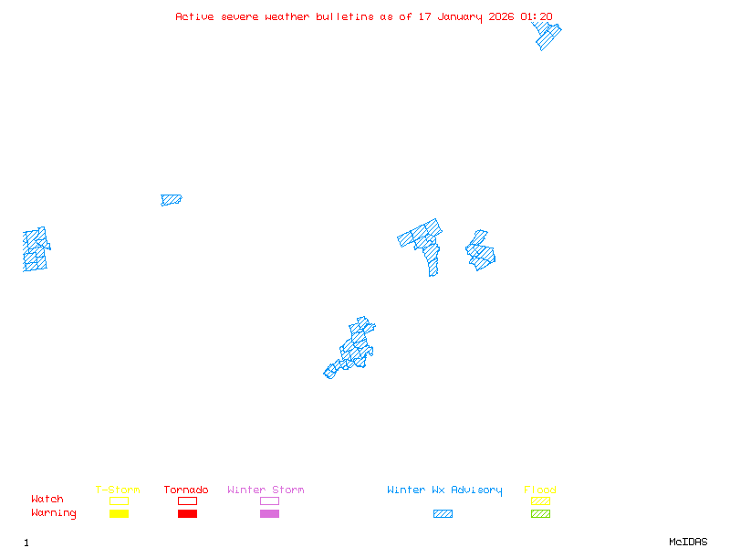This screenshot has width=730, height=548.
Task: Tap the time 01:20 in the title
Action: (x=537, y=16)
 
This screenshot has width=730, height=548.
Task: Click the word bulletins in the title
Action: (x=345, y=16)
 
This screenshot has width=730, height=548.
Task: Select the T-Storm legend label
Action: (x=118, y=490)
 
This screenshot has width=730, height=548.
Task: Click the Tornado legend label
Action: (x=186, y=490)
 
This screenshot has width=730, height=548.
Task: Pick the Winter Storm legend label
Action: (x=266, y=490)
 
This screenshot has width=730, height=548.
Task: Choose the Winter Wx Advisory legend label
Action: (x=444, y=490)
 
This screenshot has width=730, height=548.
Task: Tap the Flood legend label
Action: (x=540, y=490)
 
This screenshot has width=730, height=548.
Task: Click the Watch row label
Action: (x=47, y=500)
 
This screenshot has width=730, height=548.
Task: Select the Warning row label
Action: (x=54, y=513)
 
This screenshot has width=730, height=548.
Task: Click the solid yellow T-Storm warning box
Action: (x=119, y=514)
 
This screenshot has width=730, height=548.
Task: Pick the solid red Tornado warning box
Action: (x=187, y=514)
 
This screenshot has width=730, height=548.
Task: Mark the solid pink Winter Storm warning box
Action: (x=269, y=514)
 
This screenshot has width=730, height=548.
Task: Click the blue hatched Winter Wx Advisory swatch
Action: (x=443, y=514)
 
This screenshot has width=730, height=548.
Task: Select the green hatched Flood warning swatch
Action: (x=540, y=514)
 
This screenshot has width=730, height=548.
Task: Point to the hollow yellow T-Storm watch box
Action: (x=119, y=501)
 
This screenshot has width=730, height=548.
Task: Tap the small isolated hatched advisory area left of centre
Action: (x=171, y=199)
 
